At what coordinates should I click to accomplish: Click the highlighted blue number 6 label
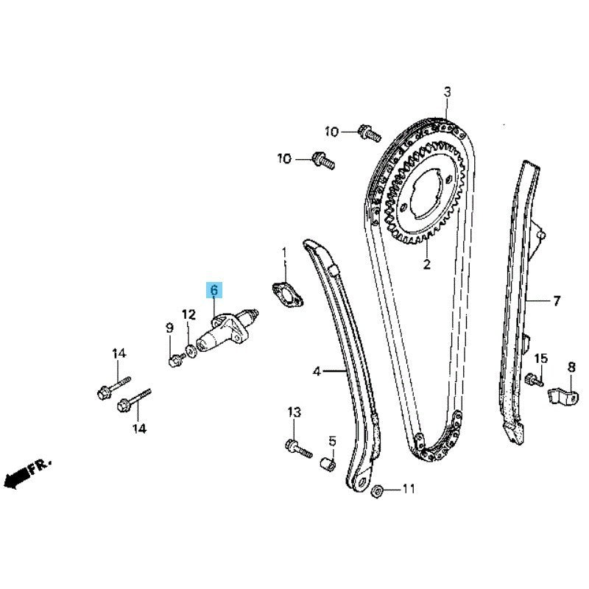[x=214, y=290]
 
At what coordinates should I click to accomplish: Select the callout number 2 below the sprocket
[x=427, y=264]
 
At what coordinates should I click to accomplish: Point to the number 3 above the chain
[x=447, y=91]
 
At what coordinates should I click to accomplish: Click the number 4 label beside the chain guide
[x=317, y=372]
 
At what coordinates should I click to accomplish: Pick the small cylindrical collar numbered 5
[x=328, y=463]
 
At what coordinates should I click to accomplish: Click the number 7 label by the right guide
[x=557, y=300]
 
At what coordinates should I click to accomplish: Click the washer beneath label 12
[x=191, y=351]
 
